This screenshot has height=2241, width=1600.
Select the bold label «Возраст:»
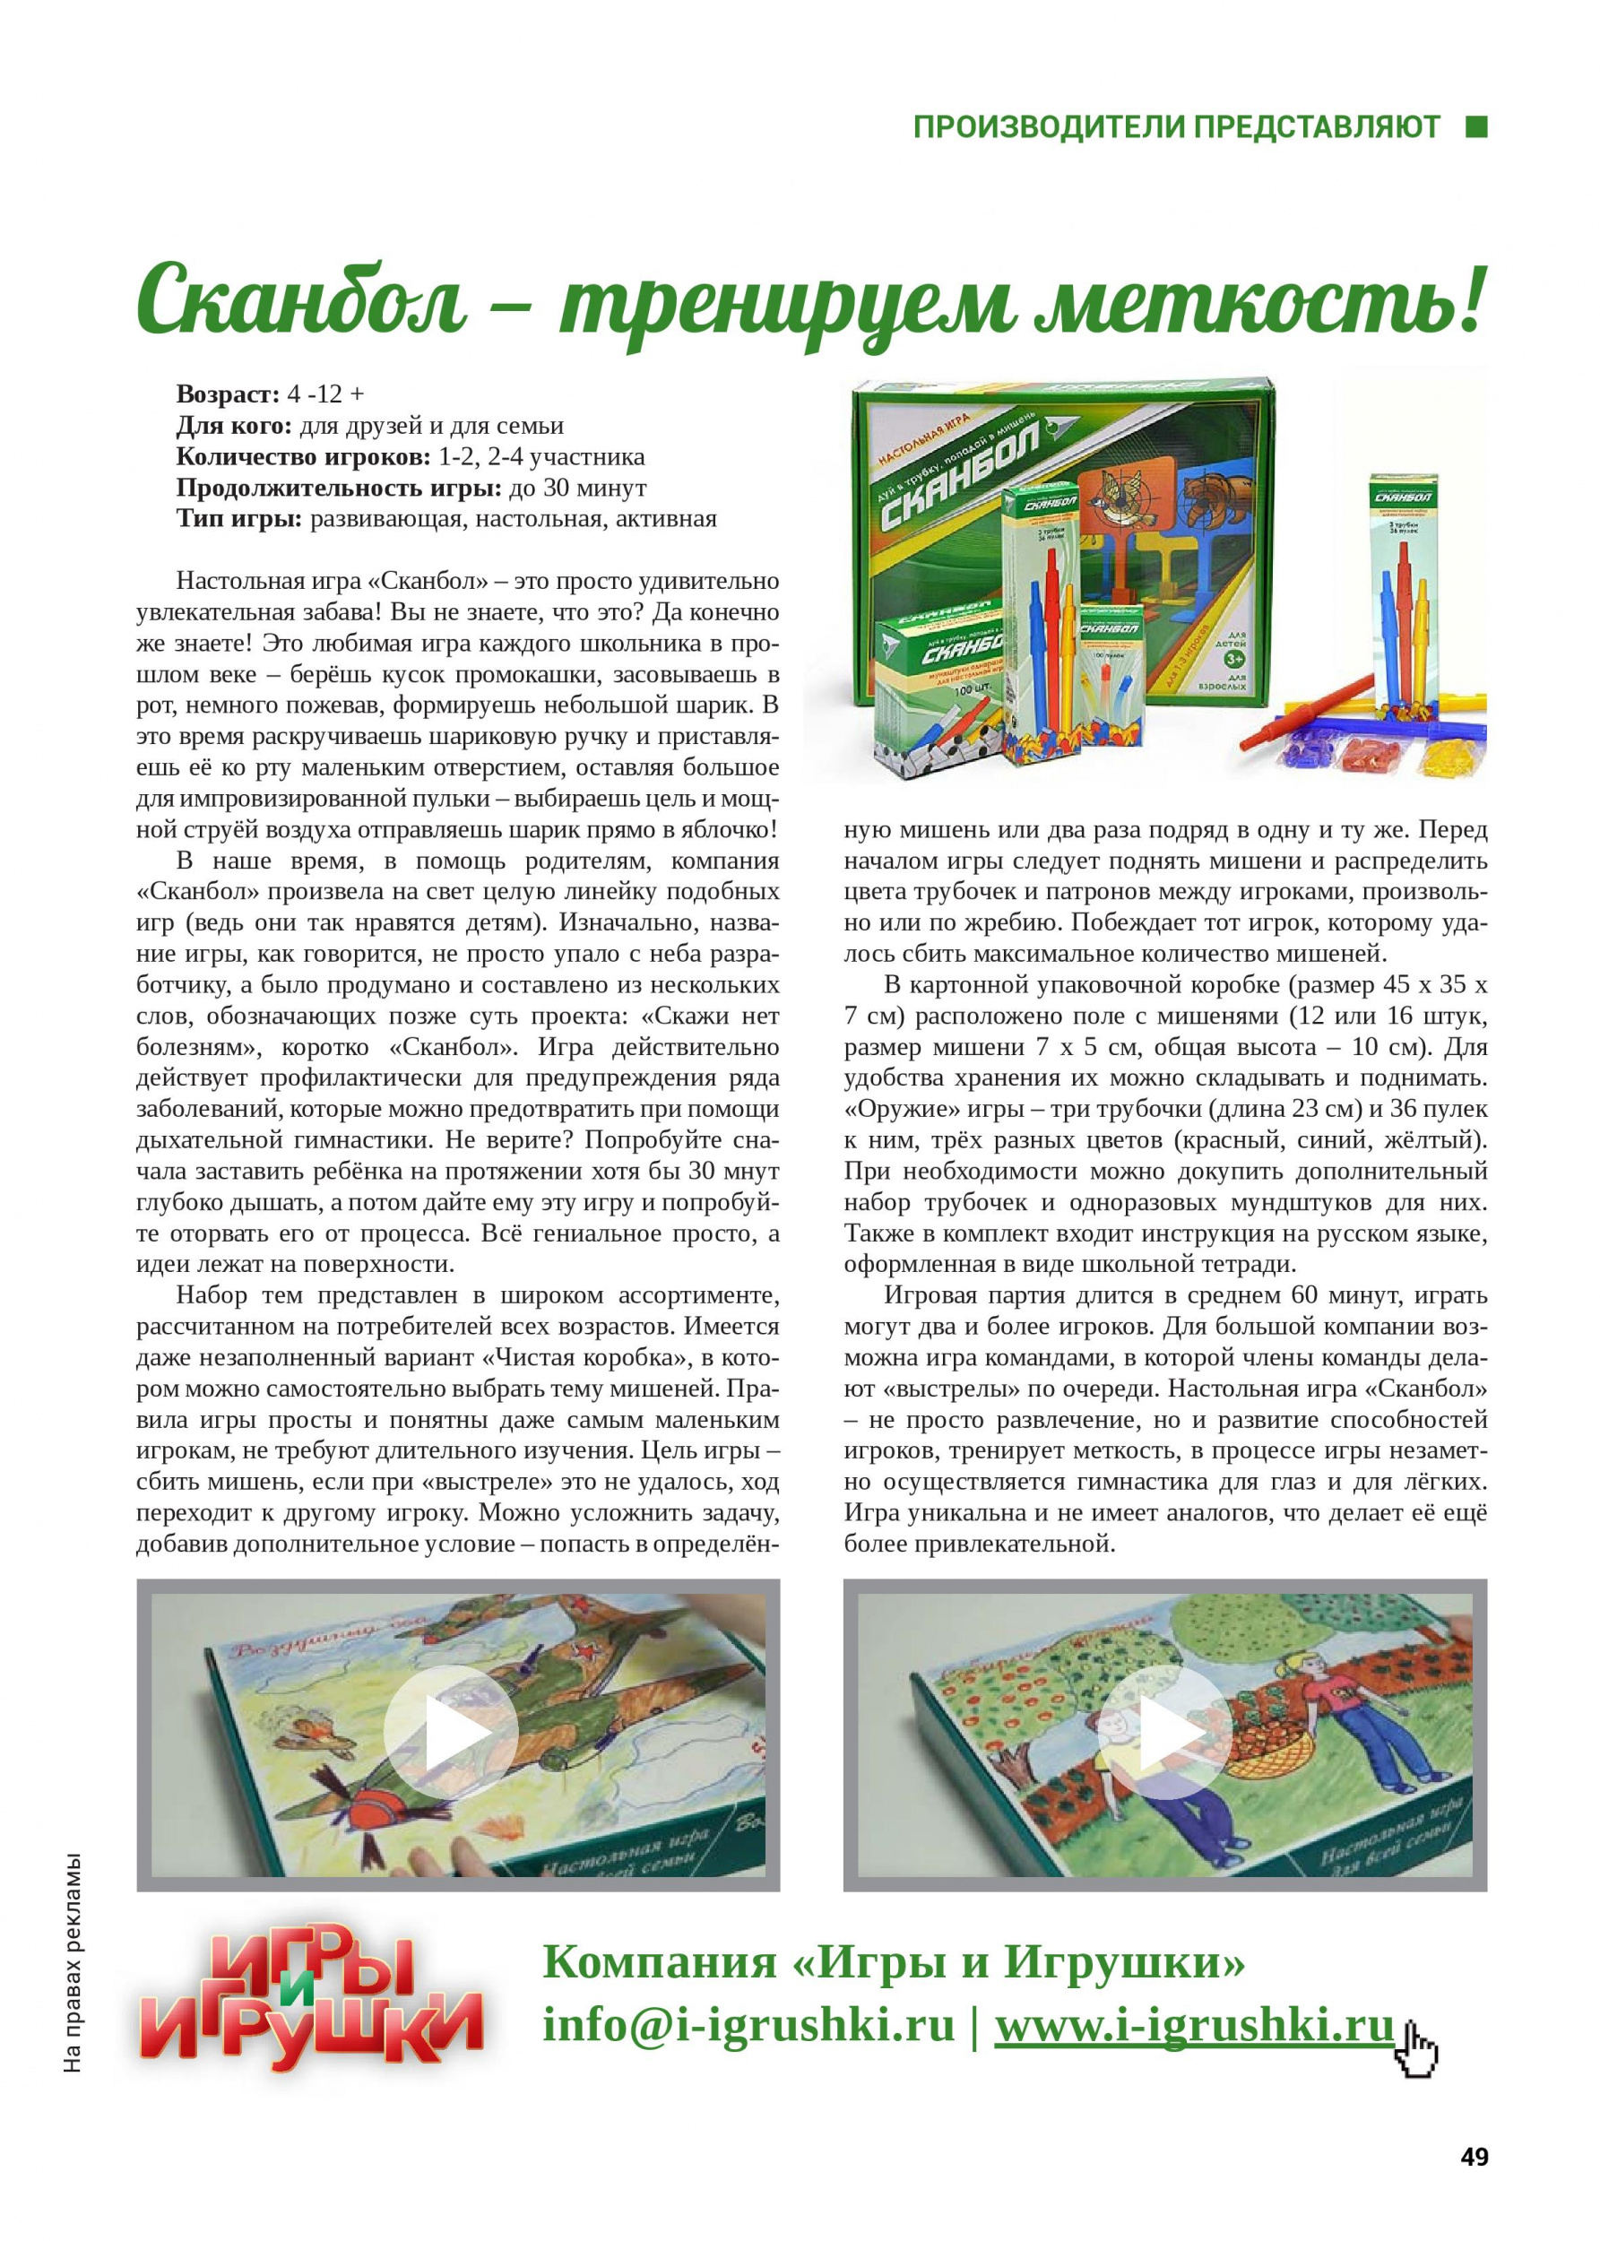(228, 394)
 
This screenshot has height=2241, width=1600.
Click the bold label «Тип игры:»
(239, 518)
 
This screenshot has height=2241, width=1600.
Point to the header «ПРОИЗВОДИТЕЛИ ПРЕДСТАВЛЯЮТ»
(1176, 128)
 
